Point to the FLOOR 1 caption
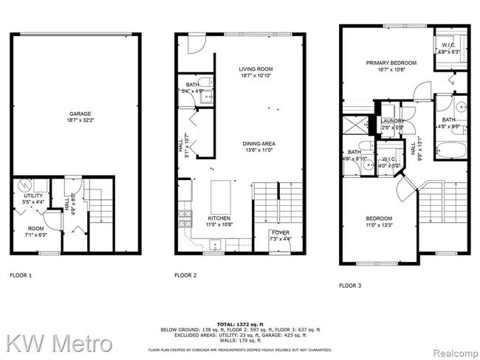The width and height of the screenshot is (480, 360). pos(21,275)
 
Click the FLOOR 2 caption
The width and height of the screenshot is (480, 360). pos(185,275)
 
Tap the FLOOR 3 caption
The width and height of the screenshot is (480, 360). pos(350,285)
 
